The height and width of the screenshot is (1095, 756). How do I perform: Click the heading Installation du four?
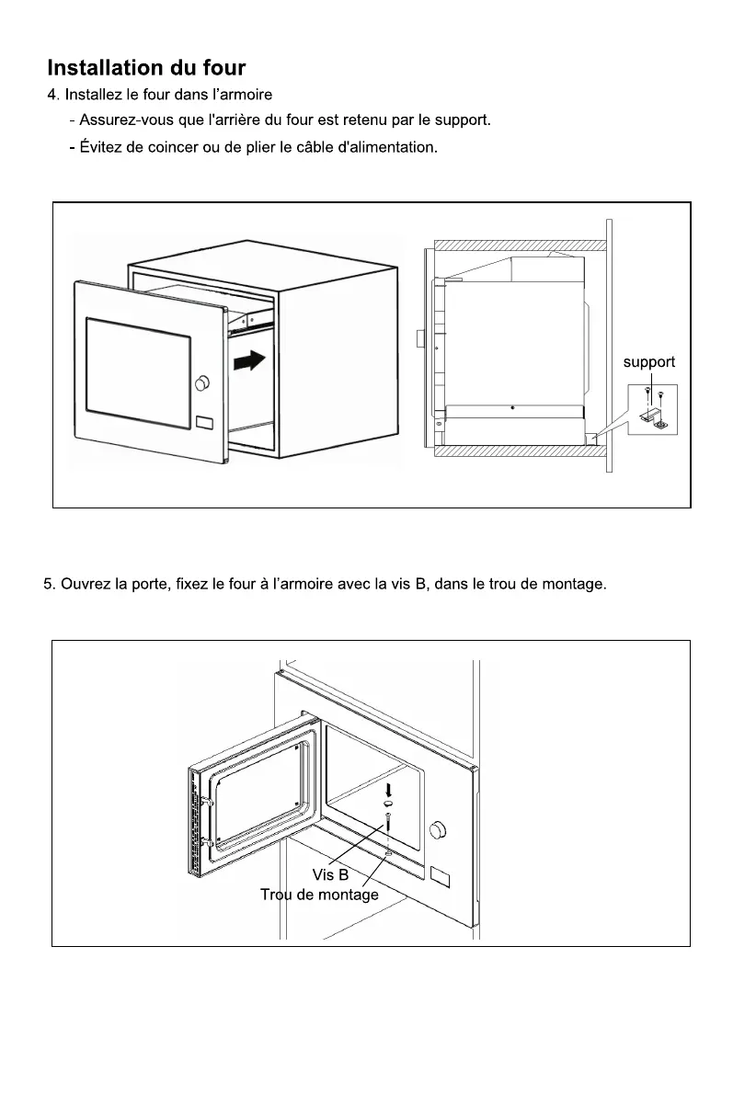tap(146, 68)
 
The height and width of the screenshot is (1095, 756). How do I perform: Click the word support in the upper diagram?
tap(649, 362)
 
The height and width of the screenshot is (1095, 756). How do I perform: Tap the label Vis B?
tap(330, 874)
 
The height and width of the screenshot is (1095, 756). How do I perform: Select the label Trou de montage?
tap(319, 895)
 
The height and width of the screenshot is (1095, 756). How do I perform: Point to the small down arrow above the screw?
tap(388, 789)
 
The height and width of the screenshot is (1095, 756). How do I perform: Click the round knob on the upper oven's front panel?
tap(203, 382)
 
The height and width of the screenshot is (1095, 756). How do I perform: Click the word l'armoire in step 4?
tap(242, 95)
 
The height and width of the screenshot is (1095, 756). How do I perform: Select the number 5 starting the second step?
tap(48, 584)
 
